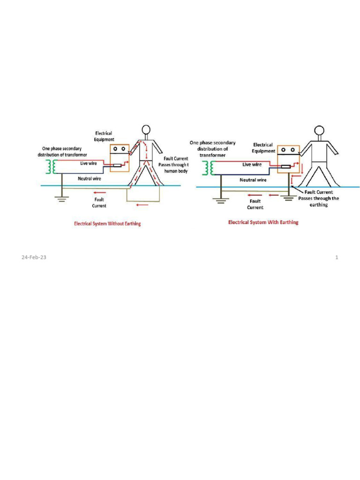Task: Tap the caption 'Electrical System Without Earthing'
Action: point(107,224)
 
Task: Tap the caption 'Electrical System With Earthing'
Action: point(263,222)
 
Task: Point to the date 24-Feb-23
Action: point(30,257)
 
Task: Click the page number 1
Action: point(337,257)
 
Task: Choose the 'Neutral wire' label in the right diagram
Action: point(253,180)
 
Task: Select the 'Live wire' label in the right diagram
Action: point(252,165)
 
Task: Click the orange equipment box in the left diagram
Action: point(119,157)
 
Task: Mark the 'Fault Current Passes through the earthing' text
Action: point(318,198)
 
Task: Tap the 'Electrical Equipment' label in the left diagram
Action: point(104,136)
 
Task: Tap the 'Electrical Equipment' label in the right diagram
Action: point(263,148)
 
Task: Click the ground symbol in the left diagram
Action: point(61,197)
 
